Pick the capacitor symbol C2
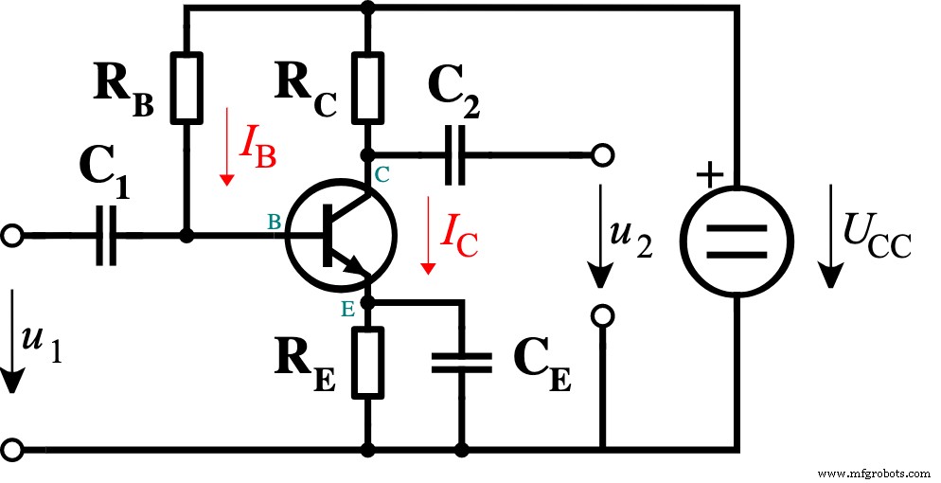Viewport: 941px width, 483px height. tap(456, 152)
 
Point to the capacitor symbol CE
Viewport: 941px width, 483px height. tap(462, 361)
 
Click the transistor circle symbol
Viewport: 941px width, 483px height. tap(338, 236)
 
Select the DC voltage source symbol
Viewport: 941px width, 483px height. tap(735, 241)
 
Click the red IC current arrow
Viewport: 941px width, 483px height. tap(428, 237)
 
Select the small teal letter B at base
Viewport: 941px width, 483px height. tap(274, 222)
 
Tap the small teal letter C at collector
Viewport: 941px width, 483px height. tap(382, 173)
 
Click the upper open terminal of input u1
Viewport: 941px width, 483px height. tap(11, 236)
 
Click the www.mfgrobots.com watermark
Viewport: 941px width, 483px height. tap(872, 472)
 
